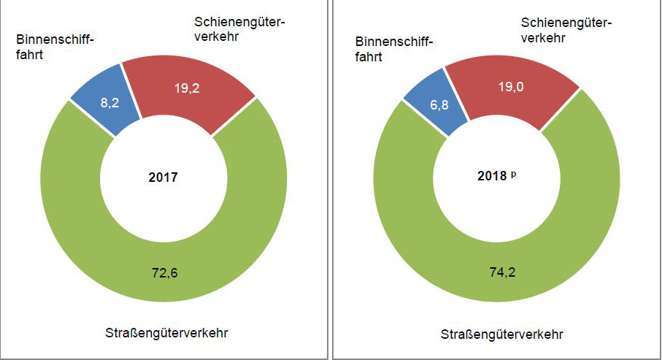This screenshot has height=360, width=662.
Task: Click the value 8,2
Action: [x=110, y=104]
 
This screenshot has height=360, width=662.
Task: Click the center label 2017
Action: [x=163, y=177]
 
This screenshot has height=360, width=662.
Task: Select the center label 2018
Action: [x=496, y=177]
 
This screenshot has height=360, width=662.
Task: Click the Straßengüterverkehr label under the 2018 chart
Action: [x=502, y=334]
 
